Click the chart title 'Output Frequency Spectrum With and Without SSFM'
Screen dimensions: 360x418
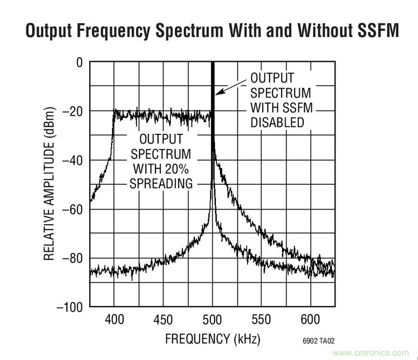point(212,31)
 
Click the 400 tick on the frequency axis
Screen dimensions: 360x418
point(114,320)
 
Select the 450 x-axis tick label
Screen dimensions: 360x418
point(163,320)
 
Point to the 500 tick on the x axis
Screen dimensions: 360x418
point(212,320)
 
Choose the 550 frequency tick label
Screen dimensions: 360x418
point(261,320)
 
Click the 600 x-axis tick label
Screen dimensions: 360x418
point(310,320)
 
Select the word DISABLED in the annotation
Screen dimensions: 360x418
point(277,123)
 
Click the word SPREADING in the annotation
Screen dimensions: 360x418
point(161,183)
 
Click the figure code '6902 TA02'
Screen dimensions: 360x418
point(318,341)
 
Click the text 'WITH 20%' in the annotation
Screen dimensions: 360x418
point(161,169)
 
